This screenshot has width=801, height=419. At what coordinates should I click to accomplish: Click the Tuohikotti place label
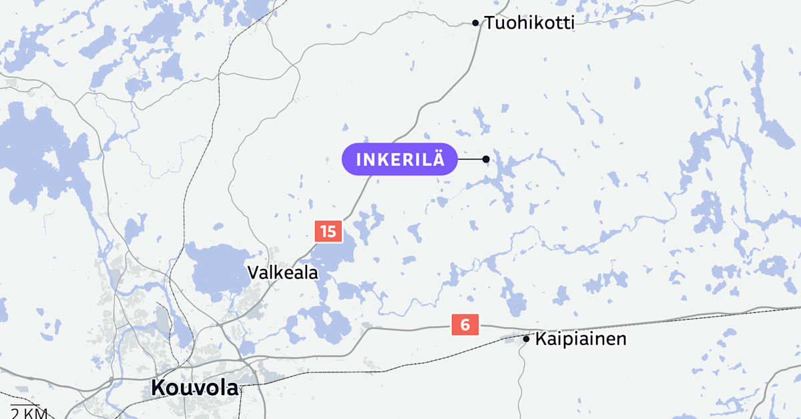click(529, 23)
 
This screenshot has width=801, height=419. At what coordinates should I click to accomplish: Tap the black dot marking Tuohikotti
click(475, 23)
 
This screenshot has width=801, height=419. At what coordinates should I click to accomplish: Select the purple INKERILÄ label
click(399, 159)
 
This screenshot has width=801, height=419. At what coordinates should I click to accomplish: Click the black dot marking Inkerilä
click(486, 159)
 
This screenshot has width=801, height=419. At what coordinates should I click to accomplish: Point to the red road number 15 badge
click(328, 232)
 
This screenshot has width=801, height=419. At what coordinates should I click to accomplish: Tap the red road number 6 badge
click(465, 325)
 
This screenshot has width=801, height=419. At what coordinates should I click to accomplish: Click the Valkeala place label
click(282, 273)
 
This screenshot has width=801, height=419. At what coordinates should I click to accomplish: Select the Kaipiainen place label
click(581, 339)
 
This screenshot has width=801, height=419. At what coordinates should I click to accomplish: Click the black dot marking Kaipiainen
click(526, 339)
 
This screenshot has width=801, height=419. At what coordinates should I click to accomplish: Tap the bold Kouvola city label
click(194, 387)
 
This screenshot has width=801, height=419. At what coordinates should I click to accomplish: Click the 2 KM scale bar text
click(29, 413)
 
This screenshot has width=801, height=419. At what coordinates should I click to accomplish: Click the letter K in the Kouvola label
click(158, 387)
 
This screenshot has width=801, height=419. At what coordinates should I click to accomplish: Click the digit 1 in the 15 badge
click(324, 232)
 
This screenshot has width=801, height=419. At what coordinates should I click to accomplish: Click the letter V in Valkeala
click(253, 273)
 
